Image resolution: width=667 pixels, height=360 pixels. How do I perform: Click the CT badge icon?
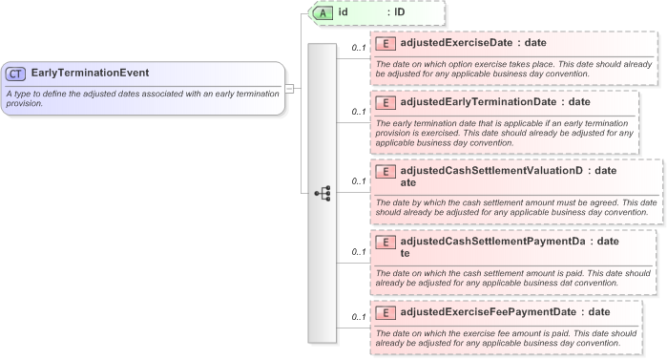(x=16, y=73)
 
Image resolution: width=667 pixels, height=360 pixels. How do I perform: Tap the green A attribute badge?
(x=323, y=12)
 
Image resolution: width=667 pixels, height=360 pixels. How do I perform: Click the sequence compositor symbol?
(x=322, y=193)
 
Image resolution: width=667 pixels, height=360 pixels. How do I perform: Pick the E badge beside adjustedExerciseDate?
(x=386, y=43)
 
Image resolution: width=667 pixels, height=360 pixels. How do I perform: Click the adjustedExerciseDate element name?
(x=457, y=43)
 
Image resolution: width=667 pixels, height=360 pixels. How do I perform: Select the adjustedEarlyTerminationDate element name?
(x=479, y=101)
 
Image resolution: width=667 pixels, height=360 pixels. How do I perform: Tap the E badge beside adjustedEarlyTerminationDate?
(x=386, y=102)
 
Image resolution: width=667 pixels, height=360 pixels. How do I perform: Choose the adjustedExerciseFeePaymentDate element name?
(x=488, y=312)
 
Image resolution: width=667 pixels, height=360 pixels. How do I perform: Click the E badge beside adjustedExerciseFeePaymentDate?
(x=386, y=313)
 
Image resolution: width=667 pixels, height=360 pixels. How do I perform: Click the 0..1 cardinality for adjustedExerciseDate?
(x=359, y=48)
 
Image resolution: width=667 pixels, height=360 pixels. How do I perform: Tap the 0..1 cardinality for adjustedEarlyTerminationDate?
(x=359, y=112)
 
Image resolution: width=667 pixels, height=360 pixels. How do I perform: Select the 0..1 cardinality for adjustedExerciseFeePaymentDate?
(x=359, y=317)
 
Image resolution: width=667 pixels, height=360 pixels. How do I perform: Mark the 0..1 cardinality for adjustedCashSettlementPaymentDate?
(x=359, y=252)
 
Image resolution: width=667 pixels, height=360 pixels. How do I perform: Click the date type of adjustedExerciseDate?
(x=535, y=43)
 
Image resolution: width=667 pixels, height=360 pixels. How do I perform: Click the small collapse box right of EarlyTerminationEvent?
(x=289, y=88)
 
